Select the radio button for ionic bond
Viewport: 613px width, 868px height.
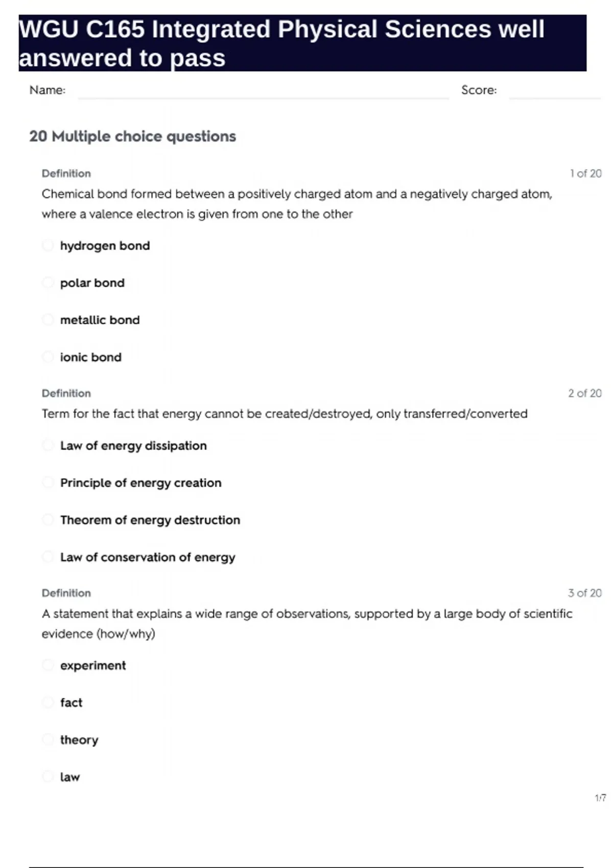tap(48, 357)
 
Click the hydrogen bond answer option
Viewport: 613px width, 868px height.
tap(105, 246)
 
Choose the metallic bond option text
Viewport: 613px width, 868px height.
tap(100, 320)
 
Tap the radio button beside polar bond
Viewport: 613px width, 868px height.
tap(48, 282)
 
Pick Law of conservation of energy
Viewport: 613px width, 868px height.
tap(148, 557)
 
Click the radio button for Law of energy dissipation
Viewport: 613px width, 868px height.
tap(48, 445)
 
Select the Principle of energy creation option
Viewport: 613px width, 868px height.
tap(140, 483)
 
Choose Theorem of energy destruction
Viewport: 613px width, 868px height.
tap(150, 520)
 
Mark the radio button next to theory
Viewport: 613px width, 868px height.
tap(48, 739)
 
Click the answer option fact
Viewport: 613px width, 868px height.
tap(71, 703)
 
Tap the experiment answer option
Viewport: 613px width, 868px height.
tap(92, 665)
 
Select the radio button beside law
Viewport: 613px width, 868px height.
tap(48, 777)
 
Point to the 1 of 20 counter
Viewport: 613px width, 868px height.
tap(585, 174)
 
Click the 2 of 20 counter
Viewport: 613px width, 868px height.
tap(585, 393)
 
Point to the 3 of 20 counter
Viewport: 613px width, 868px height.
tap(585, 593)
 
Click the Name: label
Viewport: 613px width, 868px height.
tap(48, 90)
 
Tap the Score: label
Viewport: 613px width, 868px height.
tap(479, 90)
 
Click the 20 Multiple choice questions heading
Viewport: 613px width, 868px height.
tap(132, 136)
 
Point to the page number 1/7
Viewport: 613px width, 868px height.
tap(600, 798)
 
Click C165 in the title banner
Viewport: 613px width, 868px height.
tap(115, 30)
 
